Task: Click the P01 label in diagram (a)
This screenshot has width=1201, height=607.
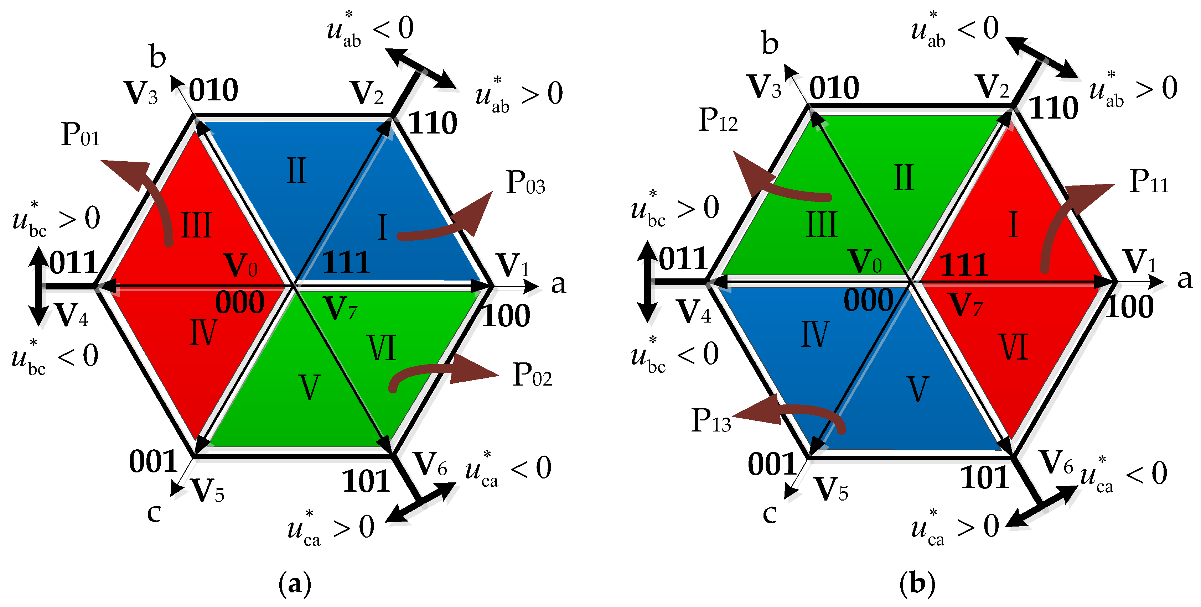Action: [x=80, y=135]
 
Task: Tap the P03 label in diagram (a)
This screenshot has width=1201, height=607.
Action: [x=526, y=183]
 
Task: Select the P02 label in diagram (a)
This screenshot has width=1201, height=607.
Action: [x=532, y=375]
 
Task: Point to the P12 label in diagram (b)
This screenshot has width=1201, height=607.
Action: [x=718, y=120]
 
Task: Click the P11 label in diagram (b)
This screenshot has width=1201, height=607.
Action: [x=1149, y=182]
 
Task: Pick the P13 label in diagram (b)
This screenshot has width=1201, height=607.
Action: [x=711, y=421]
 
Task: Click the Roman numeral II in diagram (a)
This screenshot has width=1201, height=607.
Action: [x=296, y=171]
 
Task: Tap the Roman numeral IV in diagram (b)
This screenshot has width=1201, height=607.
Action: [x=815, y=334]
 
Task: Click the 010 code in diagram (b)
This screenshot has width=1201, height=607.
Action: [x=834, y=88]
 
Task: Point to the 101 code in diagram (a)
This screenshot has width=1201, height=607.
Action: [x=366, y=481]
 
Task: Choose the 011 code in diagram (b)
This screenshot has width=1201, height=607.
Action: [x=683, y=259]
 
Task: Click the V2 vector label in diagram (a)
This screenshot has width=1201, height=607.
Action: [x=367, y=93]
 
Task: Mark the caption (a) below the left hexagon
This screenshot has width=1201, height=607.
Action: [x=295, y=583]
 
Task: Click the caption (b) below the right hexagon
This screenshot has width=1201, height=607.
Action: [x=917, y=583]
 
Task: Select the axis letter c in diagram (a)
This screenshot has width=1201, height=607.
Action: [x=154, y=513]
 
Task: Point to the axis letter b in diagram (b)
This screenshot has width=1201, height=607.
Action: [x=770, y=43]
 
